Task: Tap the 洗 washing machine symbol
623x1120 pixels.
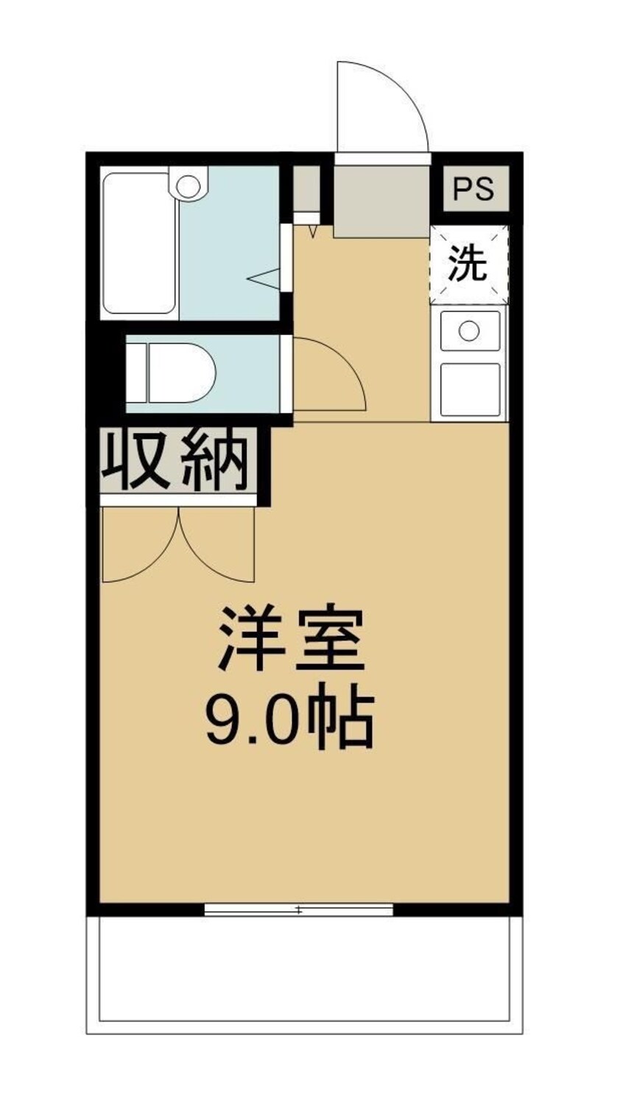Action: (x=469, y=264)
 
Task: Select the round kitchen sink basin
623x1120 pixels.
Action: (x=469, y=331)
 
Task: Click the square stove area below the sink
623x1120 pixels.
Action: (x=470, y=389)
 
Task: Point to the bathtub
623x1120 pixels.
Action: (x=139, y=243)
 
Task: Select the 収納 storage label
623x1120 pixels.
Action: (x=177, y=462)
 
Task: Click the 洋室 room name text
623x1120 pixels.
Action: (x=292, y=638)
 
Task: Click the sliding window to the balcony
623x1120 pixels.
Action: (x=298, y=910)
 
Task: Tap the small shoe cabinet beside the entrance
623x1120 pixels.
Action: (x=306, y=189)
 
